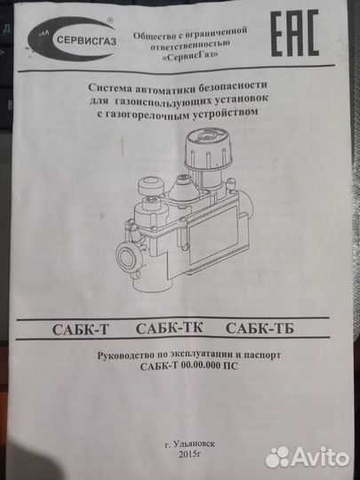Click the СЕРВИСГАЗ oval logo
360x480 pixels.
pos(72,38)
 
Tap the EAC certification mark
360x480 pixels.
pos(295,33)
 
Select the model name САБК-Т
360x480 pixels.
pos(81,330)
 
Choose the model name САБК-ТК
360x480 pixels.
pos(169,329)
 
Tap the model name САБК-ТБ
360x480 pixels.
pos(260,329)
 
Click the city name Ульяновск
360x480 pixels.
pos(193,444)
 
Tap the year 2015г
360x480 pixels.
pos(190,454)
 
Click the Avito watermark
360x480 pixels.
pos(307,458)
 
